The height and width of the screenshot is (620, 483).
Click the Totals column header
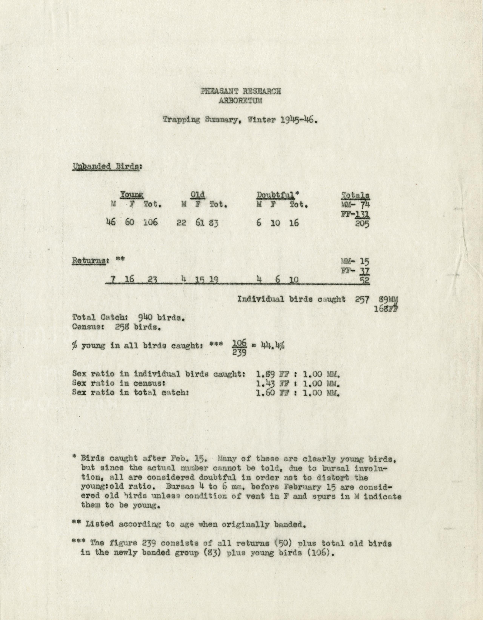pyautogui.click(x=355, y=195)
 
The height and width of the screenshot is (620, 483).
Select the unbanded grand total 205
pyautogui.click(x=362, y=224)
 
